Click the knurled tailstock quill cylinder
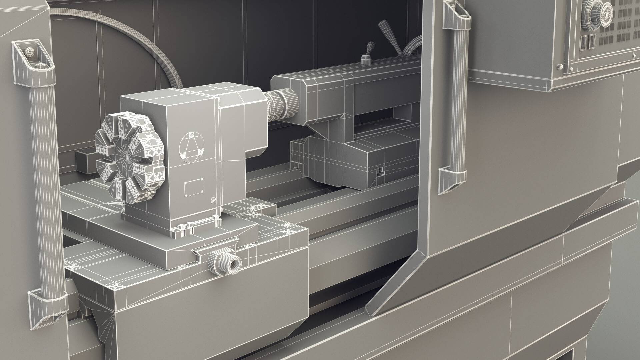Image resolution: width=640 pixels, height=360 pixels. point(282,104)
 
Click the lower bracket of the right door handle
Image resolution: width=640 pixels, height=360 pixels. point(453,180)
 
